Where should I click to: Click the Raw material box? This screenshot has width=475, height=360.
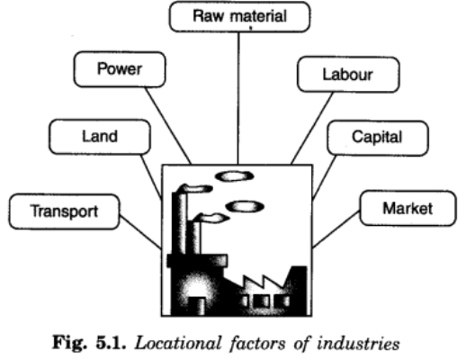(239, 16)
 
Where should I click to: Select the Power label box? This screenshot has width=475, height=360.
(120, 69)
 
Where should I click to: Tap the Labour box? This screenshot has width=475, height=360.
(348, 74)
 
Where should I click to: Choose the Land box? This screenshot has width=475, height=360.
(100, 137)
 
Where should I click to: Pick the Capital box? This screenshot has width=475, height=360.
(378, 138)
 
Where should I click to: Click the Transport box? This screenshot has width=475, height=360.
(64, 211)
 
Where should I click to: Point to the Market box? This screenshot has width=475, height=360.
(408, 208)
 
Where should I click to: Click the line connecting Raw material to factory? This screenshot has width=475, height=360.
(238, 98)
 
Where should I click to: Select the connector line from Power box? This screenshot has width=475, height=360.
(168, 126)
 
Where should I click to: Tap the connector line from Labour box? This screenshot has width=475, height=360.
(312, 128)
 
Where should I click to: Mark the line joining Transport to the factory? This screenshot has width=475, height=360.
(140, 232)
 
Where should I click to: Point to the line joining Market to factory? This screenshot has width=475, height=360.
(336, 229)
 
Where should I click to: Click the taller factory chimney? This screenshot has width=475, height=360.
(179, 221)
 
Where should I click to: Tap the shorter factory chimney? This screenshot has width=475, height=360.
(194, 237)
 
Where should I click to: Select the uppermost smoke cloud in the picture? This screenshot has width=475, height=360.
(234, 176)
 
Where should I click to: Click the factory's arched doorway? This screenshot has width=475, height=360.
(197, 306)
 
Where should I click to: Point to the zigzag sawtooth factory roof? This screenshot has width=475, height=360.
(263, 282)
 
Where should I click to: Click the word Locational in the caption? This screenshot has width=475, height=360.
(179, 344)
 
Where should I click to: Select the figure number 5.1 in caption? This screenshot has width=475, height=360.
(111, 343)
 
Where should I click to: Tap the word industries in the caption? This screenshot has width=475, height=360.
(358, 344)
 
